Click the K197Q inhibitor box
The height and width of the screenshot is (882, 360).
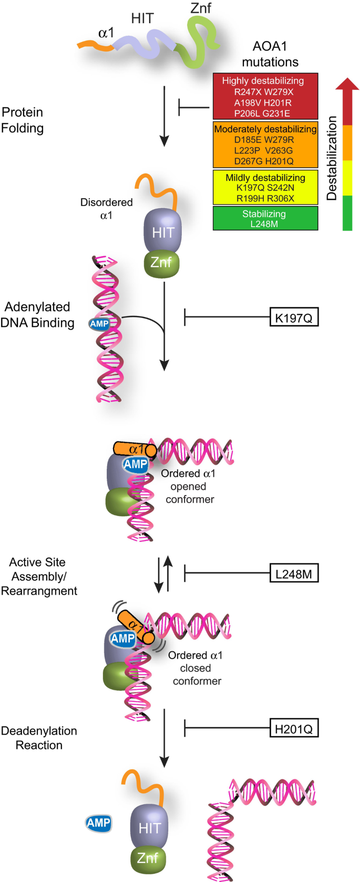pyautogui.click(x=294, y=317)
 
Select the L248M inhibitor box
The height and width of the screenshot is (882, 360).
pyautogui.click(x=294, y=574)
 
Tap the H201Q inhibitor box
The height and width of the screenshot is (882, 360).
pyautogui.click(x=294, y=729)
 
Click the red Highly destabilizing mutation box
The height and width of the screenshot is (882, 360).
pyautogui.click(x=265, y=96)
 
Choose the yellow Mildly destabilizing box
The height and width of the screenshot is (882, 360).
pyautogui.click(x=265, y=187)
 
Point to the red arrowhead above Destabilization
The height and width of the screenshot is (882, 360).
pyautogui.click(x=347, y=85)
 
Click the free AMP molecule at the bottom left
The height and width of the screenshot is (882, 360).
pyautogui.click(x=99, y=823)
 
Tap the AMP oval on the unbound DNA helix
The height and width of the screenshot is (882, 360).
pyautogui.click(x=99, y=324)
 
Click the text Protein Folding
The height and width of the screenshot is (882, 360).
pyautogui.click(x=23, y=120)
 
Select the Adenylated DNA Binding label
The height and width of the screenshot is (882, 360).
pyautogui.click(x=37, y=314)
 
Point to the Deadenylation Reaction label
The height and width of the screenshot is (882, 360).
pyautogui.click(x=39, y=737)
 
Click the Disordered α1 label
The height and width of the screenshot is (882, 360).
pyautogui.click(x=106, y=209)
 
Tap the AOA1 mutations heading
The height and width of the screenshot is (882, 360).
pyautogui.click(x=270, y=54)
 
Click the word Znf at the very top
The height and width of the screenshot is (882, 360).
pyautogui.click(x=201, y=8)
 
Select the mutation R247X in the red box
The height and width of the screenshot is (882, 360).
pyautogui.click(x=249, y=92)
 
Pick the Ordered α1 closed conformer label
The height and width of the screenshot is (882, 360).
pyautogui.click(x=196, y=668)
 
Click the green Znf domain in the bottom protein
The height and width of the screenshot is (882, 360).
pyautogui.click(x=148, y=858)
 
